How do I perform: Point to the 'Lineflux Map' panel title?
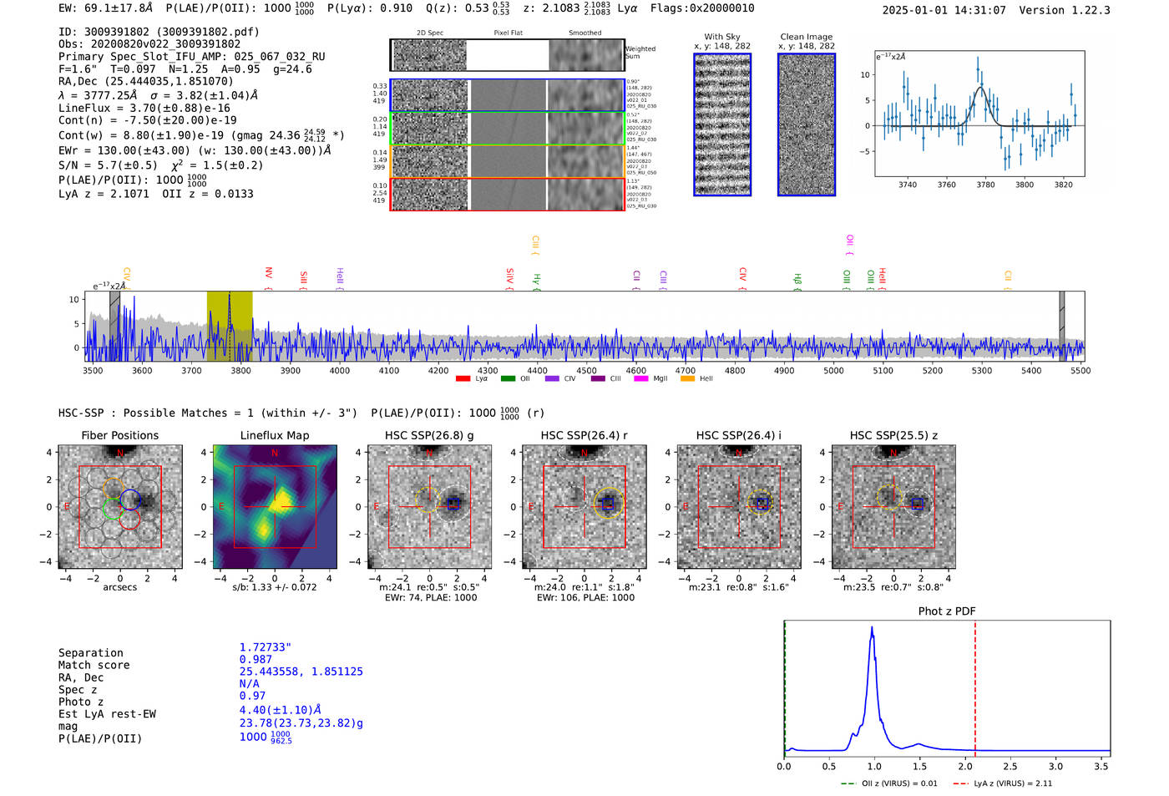tap(274, 435)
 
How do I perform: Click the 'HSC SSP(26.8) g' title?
tap(429, 435)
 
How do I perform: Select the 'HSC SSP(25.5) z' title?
tap(893, 435)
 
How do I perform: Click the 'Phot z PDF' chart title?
tap(947, 611)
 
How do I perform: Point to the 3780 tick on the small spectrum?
tap(985, 185)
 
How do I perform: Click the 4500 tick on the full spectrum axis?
tap(586, 370)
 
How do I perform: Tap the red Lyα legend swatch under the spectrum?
tap(463, 379)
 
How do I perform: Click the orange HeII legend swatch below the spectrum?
tap(687, 379)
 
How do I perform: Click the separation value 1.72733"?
tap(265, 647)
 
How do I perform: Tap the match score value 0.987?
tap(256, 660)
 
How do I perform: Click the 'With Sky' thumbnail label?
tap(721, 37)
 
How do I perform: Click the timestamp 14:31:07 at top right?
tap(979, 10)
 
